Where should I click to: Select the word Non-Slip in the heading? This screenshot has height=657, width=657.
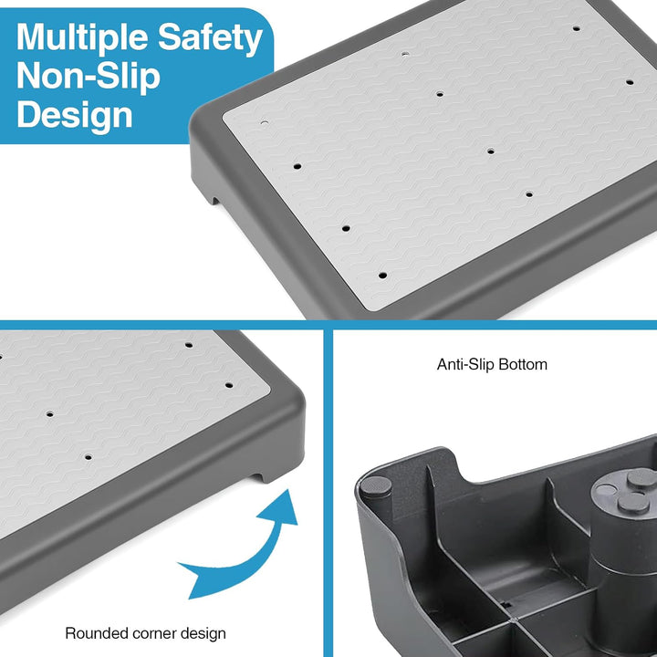pos(89,77)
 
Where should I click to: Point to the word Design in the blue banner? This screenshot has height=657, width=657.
pos(75,115)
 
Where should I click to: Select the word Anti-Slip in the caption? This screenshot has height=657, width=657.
pos(465,364)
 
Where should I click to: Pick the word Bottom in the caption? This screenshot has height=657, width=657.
pos(523,364)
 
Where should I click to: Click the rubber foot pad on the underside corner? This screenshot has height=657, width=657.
pos(376,486)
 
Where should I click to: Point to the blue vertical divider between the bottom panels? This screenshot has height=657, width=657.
pos(328,493)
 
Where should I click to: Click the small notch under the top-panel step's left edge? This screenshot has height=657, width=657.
pos(214,200)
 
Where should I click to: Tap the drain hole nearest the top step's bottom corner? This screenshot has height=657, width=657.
pos(382,276)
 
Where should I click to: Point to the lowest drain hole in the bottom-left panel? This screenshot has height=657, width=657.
pos(88,457)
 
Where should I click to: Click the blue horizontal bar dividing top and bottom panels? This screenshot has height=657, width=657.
pos(328,325)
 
